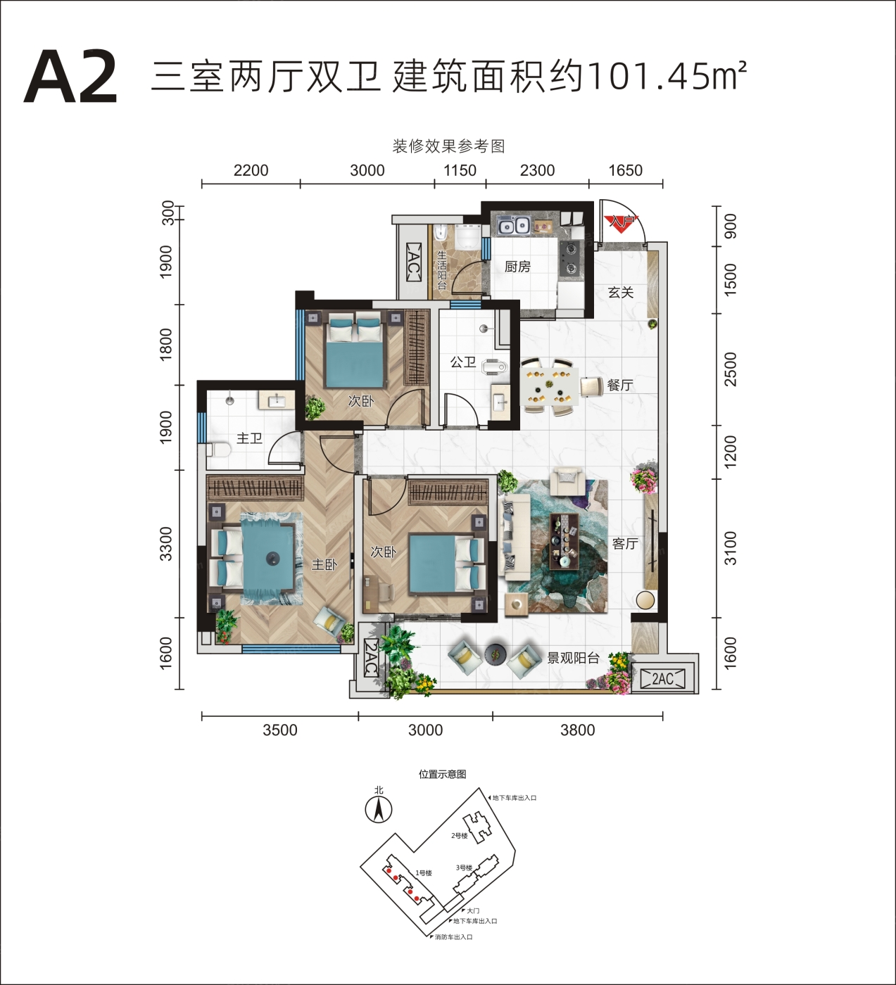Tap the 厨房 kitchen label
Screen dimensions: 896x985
tap(518, 267)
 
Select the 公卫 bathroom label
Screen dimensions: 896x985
tap(463, 362)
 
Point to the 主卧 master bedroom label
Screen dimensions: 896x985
tap(324, 564)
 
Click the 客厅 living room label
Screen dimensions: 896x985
tap(625, 544)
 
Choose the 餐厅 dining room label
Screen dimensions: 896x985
tap(620, 385)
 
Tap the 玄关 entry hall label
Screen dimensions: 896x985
tap(621, 293)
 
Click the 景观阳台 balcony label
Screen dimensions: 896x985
tap(574, 659)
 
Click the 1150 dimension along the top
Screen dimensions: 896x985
tap(460, 170)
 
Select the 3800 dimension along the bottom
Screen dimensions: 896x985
tap(578, 730)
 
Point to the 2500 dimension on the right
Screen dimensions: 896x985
tap(731, 369)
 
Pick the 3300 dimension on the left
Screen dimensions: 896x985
tap(167, 544)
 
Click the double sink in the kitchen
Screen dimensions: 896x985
tap(513, 226)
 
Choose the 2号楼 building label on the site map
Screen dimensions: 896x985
tap(460, 836)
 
